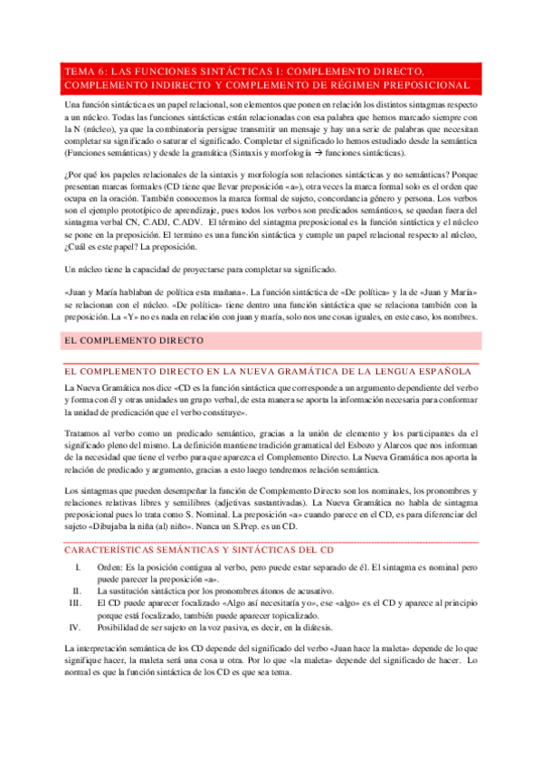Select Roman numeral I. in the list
pos(79,566)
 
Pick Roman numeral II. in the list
pos(78,590)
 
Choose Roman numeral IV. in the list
pos(77,626)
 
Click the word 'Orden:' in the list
pos(110,566)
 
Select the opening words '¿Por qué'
pos(80,177)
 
